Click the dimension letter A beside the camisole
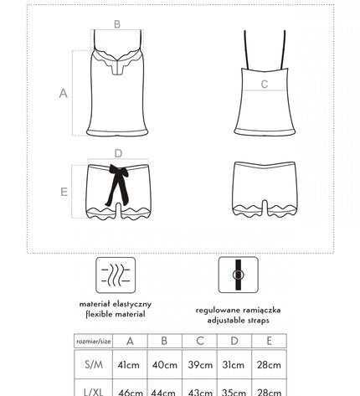click(x=63, y=94)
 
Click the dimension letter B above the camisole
click(x=116, y=24)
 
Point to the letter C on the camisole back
click(x=264, y=84)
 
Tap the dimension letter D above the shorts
click(x=118, y=153)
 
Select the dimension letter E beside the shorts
click(x=63, y=192)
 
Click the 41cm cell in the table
click(x=130, y=365)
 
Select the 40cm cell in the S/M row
click(x=165, y=365)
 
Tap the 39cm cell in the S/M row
click(x=199, y=365)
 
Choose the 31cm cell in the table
click(x=234, y=365)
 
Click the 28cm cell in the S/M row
click(x=269, y=365)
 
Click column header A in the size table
click(x=130, y=341)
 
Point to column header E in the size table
click(x=269, y=341)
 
